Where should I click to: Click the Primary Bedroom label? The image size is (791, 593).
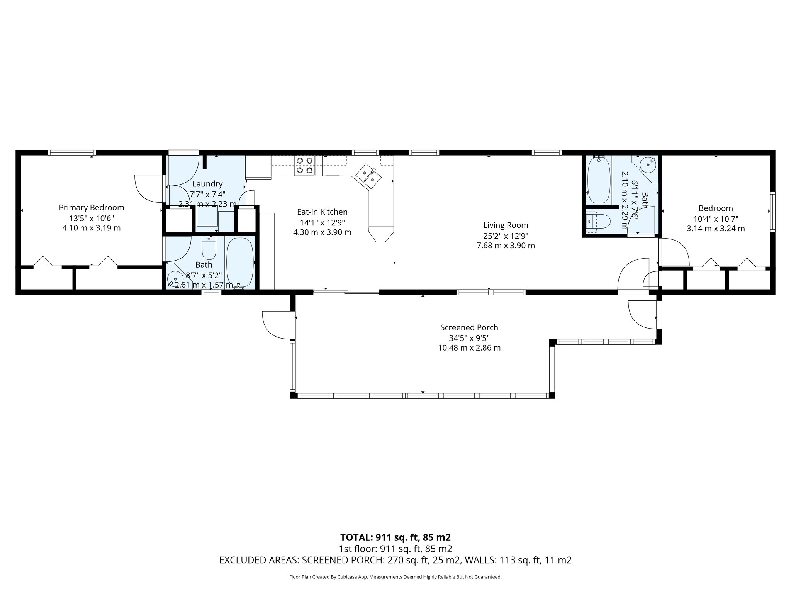[91, 208]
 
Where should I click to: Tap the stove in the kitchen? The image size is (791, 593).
[304, 166]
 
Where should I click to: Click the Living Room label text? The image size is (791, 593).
[506, 225]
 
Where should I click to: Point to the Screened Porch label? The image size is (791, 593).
[469, 327]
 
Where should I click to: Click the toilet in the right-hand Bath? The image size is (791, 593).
[600, 222]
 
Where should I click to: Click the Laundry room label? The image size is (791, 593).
[207, 184]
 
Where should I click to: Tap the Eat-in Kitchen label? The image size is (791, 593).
[322, 212]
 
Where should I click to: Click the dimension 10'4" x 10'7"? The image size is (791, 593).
[715, 219]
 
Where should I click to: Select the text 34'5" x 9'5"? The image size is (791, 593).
[469, 338]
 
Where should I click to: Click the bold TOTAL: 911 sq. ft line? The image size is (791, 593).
[395, 537]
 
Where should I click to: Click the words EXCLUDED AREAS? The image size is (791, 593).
[258, 560]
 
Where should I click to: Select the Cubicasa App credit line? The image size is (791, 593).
[395, 577]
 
